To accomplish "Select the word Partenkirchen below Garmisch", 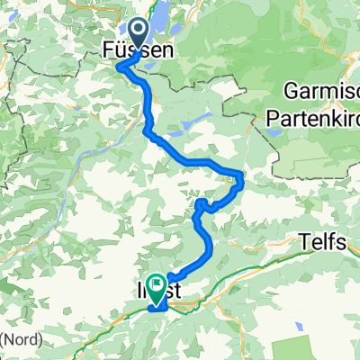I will click(311, 116).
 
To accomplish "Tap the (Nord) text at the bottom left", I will click(19, 339).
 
